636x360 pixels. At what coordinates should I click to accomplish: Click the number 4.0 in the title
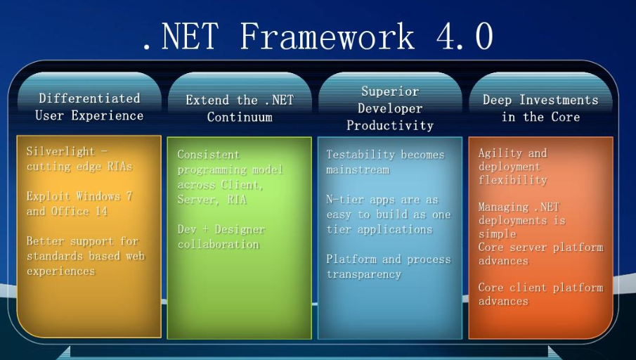tap(465, 36)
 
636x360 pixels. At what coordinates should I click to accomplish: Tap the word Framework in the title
tap(327, 36)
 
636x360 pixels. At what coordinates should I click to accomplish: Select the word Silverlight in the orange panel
tap(61, 151)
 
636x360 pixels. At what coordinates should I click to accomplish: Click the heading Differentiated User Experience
tap(89, 107)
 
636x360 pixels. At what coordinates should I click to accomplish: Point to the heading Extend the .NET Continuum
tap(240, 108)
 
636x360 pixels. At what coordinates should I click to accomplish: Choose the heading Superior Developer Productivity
tap(390, 108)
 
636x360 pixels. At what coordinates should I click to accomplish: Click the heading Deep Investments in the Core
tap(540, 108)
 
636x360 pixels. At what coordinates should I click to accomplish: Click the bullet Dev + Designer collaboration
tap(221, 237)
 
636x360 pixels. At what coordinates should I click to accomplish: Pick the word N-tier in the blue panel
tap(339, 200)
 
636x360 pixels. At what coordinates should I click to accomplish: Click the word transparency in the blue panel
tap(364, 274)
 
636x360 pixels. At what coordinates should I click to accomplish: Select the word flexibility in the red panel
tap(513, 180)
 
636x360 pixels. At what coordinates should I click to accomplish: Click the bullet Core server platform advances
tap(540, 254)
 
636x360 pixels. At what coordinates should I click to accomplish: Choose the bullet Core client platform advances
tap(540, 294)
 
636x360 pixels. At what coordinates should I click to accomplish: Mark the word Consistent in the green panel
tap(209, 155)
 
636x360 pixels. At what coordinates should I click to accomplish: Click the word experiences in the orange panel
tap(61, 271)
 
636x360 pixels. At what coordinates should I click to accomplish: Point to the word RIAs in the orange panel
tap(120, 167)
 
